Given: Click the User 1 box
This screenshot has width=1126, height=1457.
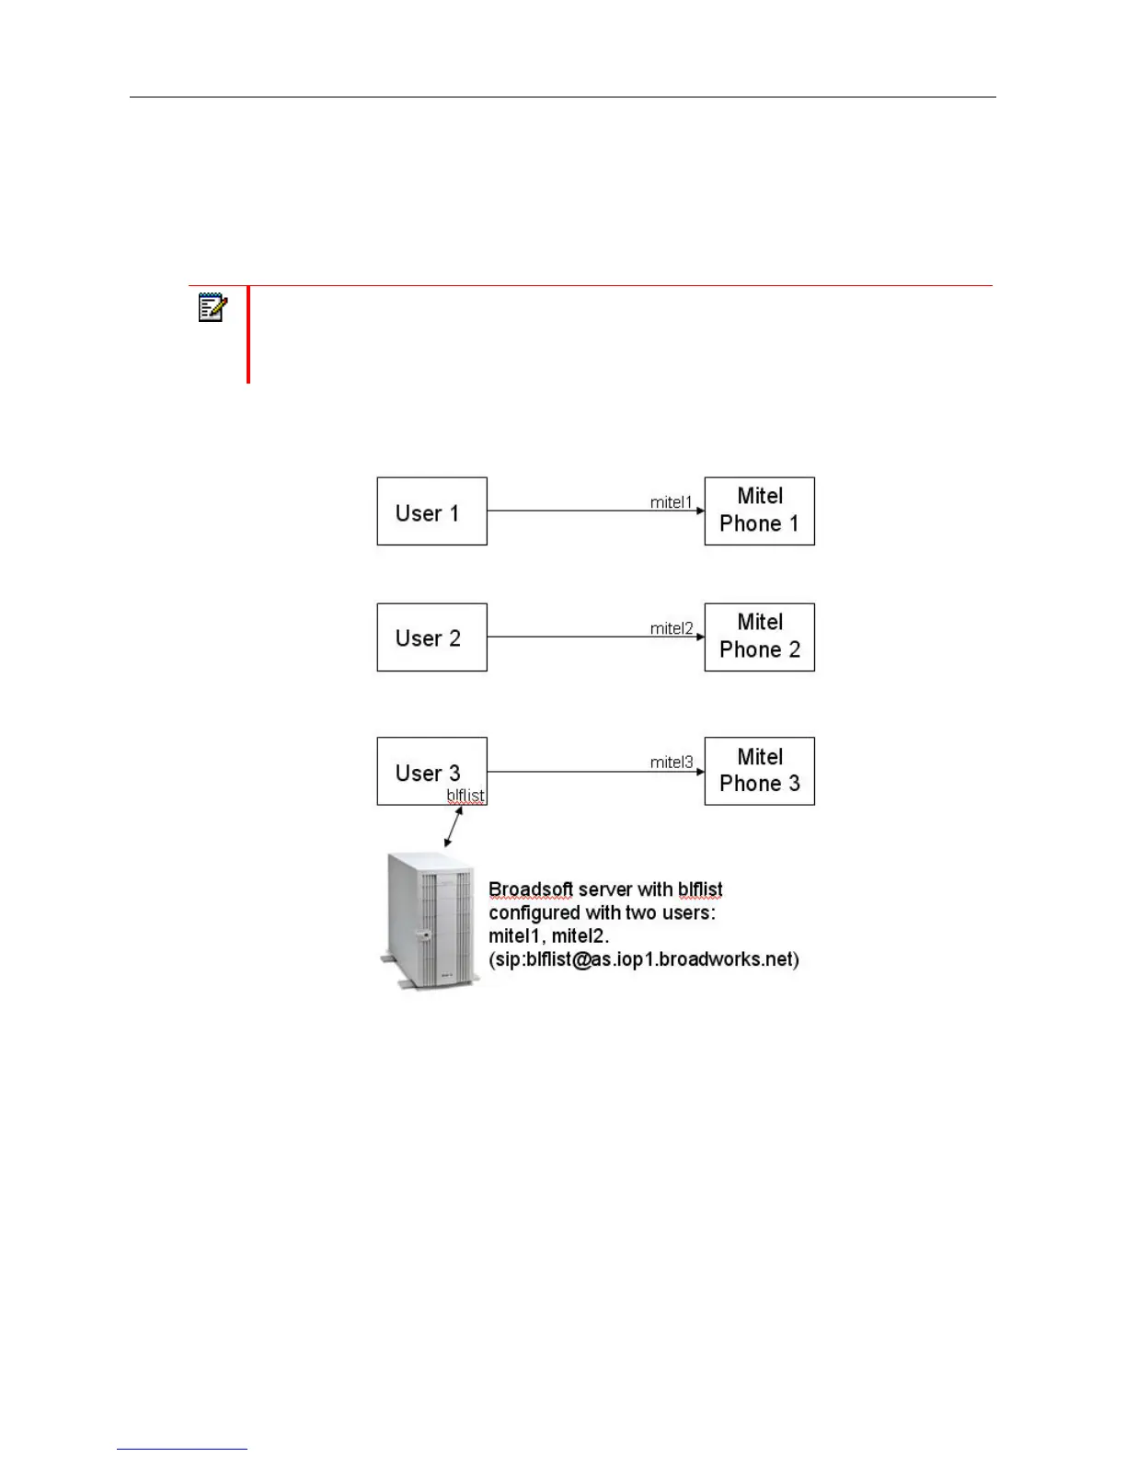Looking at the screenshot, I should (x=431, y=511).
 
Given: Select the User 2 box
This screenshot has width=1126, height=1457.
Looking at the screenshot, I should (x=431, y=637).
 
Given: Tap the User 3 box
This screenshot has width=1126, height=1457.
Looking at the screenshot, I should (x=431, y=771).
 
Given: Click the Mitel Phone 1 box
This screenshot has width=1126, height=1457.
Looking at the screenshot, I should (x=759, y=511).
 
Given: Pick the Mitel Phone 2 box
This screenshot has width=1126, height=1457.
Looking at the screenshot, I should (x=759, y=637).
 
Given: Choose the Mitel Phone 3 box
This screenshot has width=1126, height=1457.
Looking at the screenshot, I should (x=759, y=771).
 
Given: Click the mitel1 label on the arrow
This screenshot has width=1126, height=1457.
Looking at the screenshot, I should (x=671, y=502).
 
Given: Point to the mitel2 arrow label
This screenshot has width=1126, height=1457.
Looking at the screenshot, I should (x=672, y=628).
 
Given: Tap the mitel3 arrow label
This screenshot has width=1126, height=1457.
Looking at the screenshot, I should (x=672, y=762).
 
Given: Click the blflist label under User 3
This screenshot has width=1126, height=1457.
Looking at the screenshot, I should (x=465, y=796).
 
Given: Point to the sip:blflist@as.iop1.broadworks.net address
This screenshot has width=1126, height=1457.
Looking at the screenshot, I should (x=644, y=959).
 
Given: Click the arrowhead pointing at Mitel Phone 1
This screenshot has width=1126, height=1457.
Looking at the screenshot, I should (x=700, y=511).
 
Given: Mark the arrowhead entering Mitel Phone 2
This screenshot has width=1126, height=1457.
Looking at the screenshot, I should (x=700, y=637).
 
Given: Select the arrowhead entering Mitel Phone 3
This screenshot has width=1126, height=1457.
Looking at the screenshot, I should (x=700, y=772).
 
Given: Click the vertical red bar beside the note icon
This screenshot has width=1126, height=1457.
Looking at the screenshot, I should (x=248, y=334).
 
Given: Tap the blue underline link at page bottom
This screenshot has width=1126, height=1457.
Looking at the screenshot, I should (x=182, y=1450).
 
